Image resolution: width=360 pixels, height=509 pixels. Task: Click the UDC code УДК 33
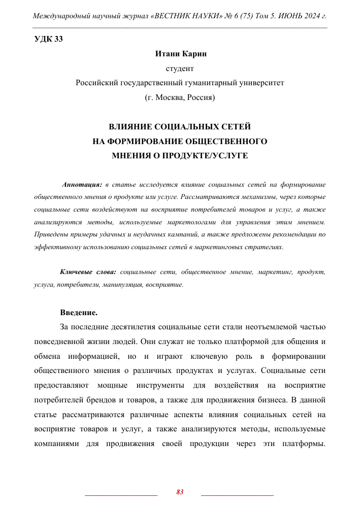pos(48,40)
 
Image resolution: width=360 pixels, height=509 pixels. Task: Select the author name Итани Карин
pos(180,53)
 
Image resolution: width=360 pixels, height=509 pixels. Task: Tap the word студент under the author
pos(180,67)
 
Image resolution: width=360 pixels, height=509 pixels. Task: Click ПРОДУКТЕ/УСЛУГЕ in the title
pos(213,155)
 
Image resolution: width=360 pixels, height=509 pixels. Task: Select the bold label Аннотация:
pos(82,184)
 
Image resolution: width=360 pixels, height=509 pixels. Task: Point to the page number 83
pos(180,492)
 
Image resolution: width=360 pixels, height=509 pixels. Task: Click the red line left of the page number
pos(121,494)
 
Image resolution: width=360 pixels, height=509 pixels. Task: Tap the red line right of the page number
pos(237,494)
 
